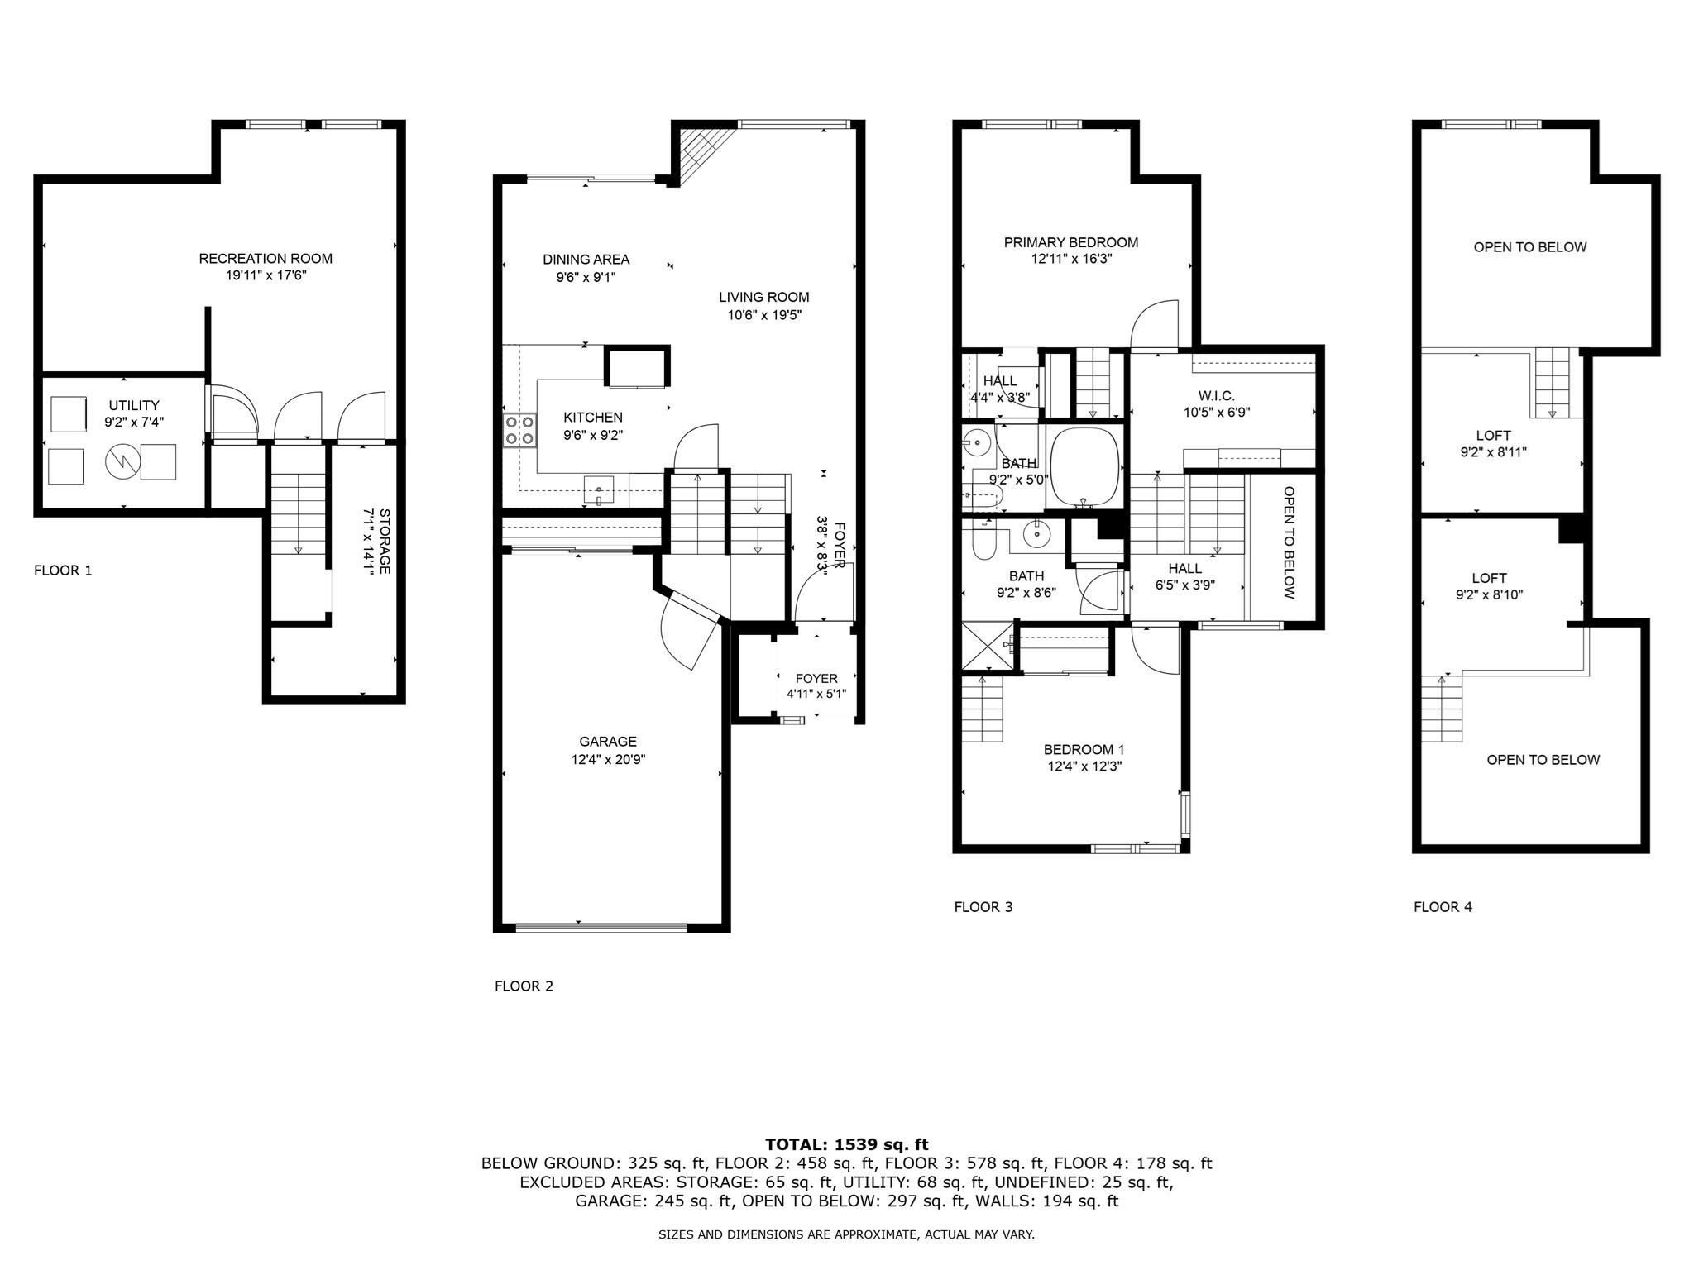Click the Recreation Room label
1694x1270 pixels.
(266, 259)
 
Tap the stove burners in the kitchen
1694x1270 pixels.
(519, 430)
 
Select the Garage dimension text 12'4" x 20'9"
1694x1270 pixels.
(608, 759)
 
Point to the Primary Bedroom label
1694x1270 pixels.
(1070, 242)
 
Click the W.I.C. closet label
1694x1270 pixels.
(1216, 396)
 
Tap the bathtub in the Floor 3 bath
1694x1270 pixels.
(1084, 466)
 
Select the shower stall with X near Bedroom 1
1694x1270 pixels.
(987, 646)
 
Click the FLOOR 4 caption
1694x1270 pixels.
(1443, 907)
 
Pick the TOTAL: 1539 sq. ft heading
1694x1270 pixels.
(846, 1144)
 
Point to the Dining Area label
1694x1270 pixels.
(586, 260)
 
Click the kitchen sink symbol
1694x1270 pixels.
(598, 490)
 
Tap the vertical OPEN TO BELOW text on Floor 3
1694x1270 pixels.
(1288, 542)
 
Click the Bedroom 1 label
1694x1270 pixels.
(1084, 750)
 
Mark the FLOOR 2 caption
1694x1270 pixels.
(524, 986)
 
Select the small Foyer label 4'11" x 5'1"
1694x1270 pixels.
(816, 686)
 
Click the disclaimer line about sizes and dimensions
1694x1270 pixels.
(846, 1234)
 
